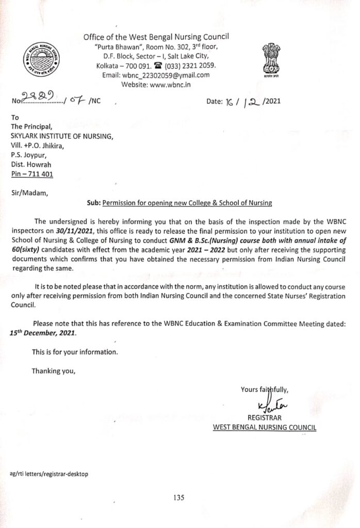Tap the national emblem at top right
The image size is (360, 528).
tap(271, 61)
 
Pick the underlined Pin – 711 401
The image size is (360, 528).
tap(32, 174)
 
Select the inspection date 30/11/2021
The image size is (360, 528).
tap(74, 230)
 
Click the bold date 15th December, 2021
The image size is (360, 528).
tap(43, 333)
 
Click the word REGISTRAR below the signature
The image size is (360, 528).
tap(265, 417)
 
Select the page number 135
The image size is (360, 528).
tap(179, 498)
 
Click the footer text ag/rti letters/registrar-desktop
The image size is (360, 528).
tap(49, 473)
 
